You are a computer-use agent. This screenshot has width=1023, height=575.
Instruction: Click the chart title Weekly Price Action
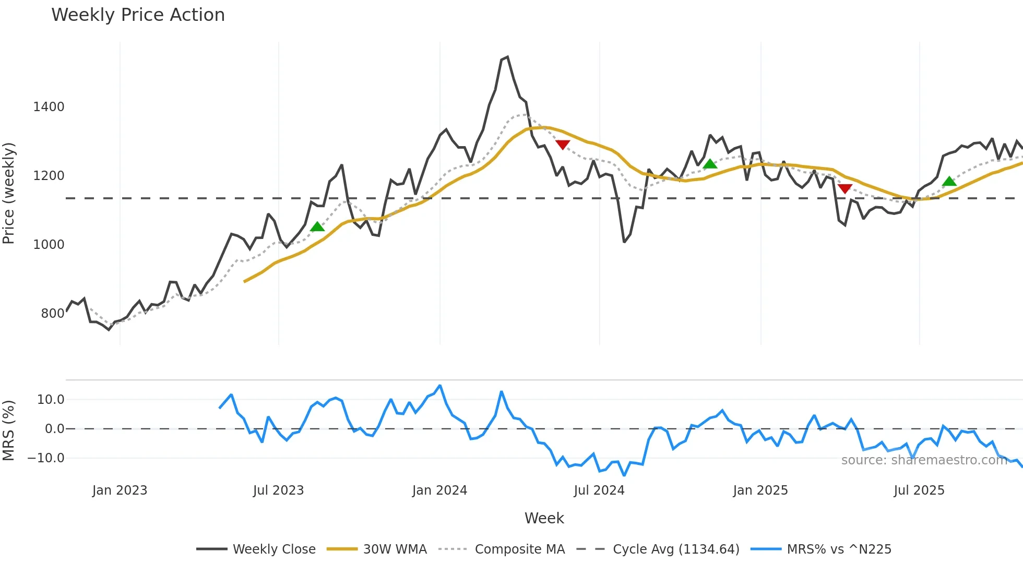pos(138,15)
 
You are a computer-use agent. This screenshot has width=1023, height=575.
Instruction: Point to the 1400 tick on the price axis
pos(49,107)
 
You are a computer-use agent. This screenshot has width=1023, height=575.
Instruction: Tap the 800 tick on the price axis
pos(53,314)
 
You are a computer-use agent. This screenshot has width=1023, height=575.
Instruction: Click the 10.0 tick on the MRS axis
pos(51,400)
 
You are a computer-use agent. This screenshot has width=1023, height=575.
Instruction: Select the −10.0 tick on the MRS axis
pos(46,458)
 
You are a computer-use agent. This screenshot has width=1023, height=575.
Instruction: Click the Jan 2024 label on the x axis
pos(439,490)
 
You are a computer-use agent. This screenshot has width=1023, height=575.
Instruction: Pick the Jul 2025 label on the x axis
pos(919,490)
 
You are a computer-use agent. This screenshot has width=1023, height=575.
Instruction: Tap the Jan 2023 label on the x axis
pos(120,490)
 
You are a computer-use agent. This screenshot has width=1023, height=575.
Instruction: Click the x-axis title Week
pos(544,518)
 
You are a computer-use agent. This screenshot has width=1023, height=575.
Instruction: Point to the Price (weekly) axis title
pos(9,193)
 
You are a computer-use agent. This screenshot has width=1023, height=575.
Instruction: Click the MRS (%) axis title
pos(9,430)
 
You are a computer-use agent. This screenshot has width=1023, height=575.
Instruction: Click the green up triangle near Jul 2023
pos(317,226)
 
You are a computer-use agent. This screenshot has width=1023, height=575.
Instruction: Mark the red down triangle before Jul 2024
pos(563,145)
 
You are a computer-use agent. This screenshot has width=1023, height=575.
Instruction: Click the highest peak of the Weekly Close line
pos(507,57)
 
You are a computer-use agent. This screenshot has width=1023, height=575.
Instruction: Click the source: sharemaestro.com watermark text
pos(924,460)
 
